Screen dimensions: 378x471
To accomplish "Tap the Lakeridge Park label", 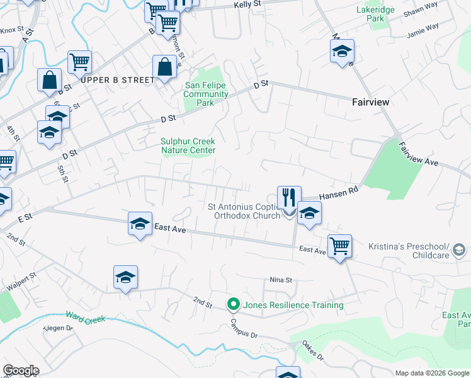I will (370, 14).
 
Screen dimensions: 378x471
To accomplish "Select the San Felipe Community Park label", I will (205, 94).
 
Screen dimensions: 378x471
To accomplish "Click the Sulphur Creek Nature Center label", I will (188, 146).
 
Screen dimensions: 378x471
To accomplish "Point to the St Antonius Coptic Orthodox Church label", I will (244, 211).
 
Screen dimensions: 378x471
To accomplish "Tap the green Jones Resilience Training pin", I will (234, 305).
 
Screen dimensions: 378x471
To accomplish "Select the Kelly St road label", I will (247, 4).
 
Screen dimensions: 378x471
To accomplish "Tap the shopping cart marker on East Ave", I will (339, 245).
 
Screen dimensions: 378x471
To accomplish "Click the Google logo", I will (21, 370).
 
